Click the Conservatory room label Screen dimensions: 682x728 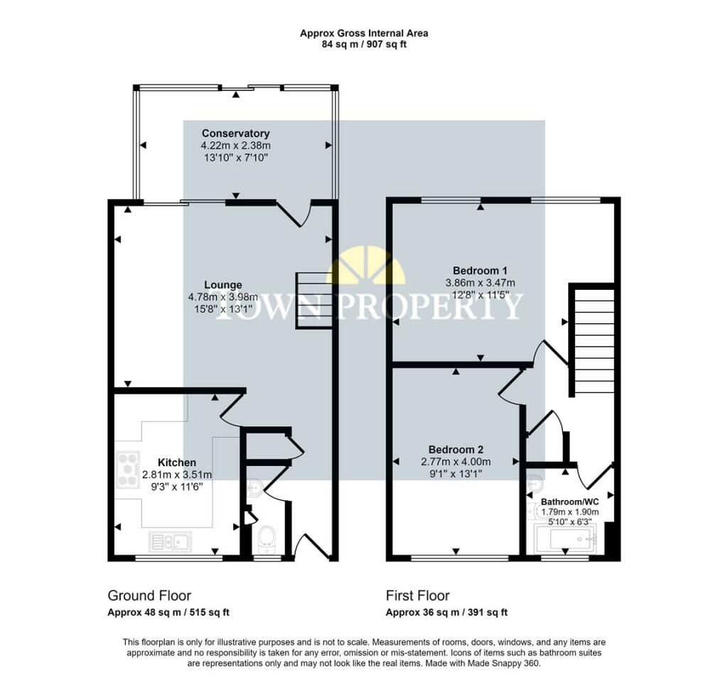(235, 134)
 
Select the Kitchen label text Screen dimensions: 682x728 (176, 462)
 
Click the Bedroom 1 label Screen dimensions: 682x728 (480, 270)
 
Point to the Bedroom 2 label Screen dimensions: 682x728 (456, 450)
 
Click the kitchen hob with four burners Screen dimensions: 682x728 (129, 470)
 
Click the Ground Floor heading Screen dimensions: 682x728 (149, 595)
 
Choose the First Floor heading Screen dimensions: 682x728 (418, 595)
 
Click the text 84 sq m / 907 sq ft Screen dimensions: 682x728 (363, 44)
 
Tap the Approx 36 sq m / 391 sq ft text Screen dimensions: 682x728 (446, 612)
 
